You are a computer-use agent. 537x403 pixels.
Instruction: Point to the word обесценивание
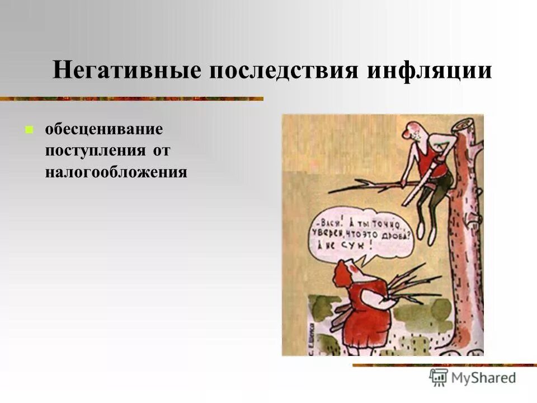(104, 130)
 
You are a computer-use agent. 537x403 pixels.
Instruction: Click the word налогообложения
(116, 171)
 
